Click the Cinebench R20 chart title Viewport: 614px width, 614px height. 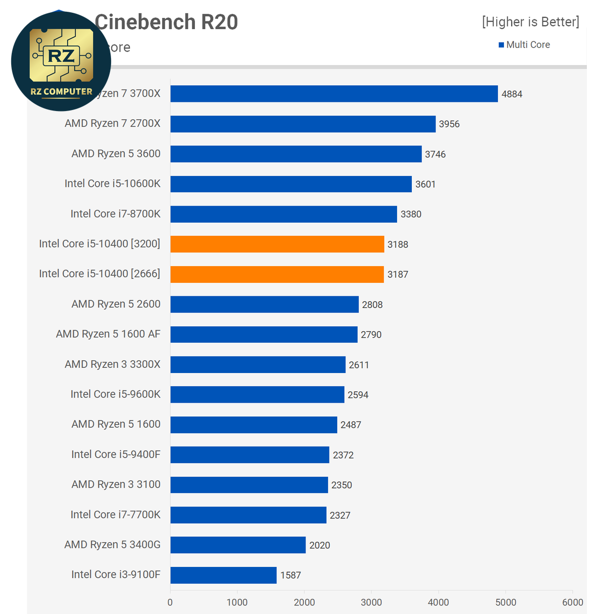click(166, 22)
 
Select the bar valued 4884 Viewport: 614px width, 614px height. click(334, 94)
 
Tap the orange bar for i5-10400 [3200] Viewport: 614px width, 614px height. click(277, 244)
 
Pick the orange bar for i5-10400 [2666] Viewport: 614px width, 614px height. click(277, 274)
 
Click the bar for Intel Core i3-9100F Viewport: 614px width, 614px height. click(223, 575)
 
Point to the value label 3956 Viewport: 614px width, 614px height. click(449, 124)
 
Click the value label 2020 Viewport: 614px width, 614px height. click(319, 545)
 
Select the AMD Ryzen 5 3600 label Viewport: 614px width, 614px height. click(116, 153)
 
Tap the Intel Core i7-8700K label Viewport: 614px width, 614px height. click(115, 214)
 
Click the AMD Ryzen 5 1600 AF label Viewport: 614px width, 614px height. click(108, 334)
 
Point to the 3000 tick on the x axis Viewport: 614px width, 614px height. click(371, 602)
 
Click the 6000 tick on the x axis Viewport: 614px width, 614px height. click(572, 602)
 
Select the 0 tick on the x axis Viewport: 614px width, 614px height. click(170, 602)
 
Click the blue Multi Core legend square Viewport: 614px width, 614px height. click(501, 45)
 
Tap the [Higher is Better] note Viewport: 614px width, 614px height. click(530, 22)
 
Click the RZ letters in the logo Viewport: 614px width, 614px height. click(61, 56)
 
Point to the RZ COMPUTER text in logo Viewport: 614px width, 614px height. click(61, 92)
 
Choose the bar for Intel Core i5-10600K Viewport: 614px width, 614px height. click(291, 184)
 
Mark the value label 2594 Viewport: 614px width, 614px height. click(358, 395)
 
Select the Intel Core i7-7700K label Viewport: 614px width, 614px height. click(115, 515)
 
